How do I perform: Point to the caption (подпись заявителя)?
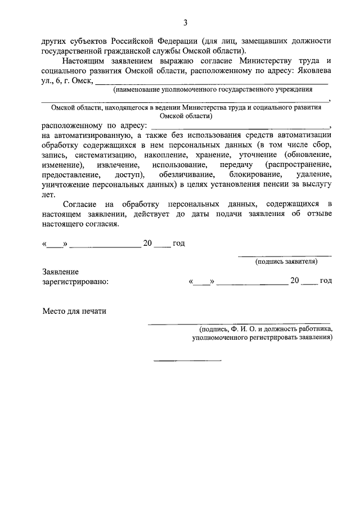pyautogui.click(x=286, y=261)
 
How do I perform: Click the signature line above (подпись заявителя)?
pyautogui.click(x=286, y=256)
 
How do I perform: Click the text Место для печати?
pyautogui.click(x=74, y=311)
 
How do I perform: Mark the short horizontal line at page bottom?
pyautogui.click(x=188, y=360)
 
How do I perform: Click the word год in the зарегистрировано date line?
pyautogui.click(x=326, y=281)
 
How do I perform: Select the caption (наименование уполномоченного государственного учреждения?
pyautogui.click(x=213, y=90)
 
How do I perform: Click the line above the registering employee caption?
pyautogui.click(x=239, y=324)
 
